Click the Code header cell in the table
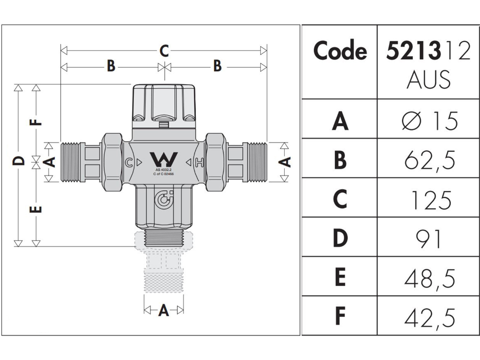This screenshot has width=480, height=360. coord(340,51)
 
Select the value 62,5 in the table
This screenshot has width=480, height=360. coord(430,159)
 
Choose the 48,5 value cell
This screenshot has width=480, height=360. coord(430,278)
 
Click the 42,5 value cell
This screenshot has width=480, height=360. coord(430,317)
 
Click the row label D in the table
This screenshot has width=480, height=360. coord(340,239)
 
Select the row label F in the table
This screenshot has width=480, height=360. coord(340,317)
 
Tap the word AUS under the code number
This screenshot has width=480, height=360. coord(429,80)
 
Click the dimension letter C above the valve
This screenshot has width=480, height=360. coord(164,50)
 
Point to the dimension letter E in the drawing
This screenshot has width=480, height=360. coord(37,209)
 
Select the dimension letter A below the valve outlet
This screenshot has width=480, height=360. coord(164,311)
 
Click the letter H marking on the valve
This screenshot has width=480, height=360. coord(199,162)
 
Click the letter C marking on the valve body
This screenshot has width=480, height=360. coord(129,162)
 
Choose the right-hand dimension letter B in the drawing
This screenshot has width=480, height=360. coord(217,66)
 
